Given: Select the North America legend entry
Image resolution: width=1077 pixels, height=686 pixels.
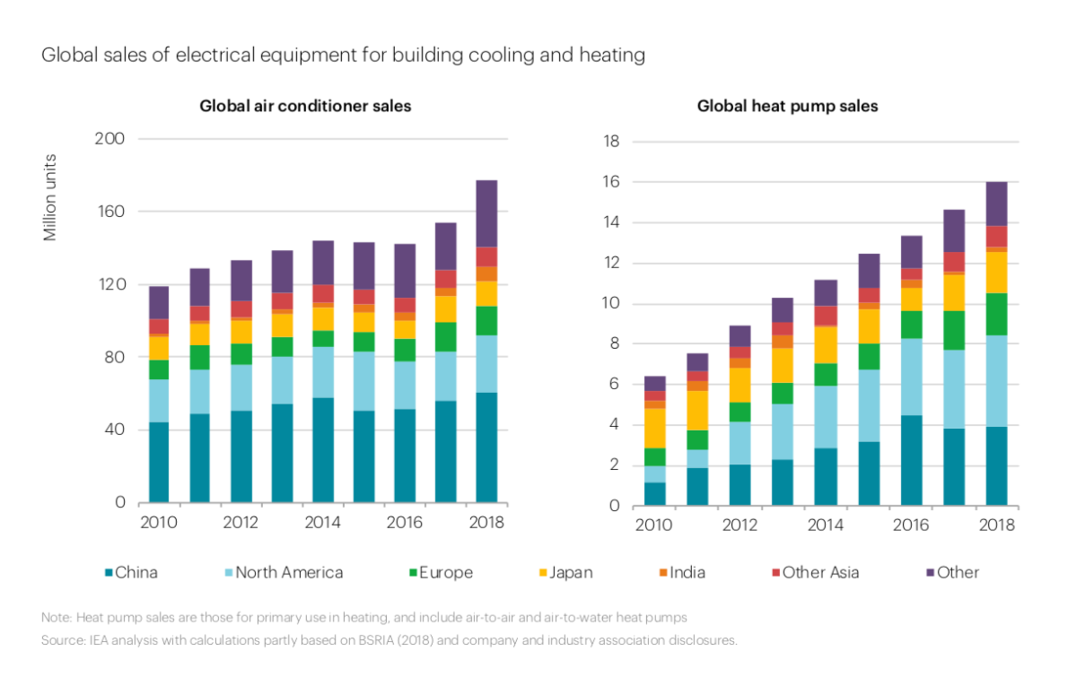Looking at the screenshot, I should (x=288, y=572).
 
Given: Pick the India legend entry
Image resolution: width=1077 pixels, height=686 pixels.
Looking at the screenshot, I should (x=687, y=572).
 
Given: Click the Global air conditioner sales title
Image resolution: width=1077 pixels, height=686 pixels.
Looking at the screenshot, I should (x=305, y=106).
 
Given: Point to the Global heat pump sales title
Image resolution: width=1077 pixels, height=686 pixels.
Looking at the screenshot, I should (x=788, y=106).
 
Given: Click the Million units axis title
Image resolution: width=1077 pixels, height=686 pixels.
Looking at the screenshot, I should (x=50, y=197).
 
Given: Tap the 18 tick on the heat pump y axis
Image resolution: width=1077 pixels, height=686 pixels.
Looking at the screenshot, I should (x=612, y=142).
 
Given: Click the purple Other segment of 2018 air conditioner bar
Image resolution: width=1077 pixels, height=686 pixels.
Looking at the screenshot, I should (x=486, y=213).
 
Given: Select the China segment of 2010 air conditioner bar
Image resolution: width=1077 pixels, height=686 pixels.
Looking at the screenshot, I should (x=159, y=462).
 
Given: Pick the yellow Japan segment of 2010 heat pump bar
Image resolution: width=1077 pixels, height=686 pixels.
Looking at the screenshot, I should (x=655, y=428).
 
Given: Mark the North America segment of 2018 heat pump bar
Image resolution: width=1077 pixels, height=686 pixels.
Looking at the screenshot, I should (x=996, y=381).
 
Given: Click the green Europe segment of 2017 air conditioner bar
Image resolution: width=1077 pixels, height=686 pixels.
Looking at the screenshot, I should (x=446, y=336).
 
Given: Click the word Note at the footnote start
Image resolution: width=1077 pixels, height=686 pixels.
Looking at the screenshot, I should (x=56, y=618).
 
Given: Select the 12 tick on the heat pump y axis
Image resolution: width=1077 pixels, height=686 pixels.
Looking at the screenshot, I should (x=612, y=263).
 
